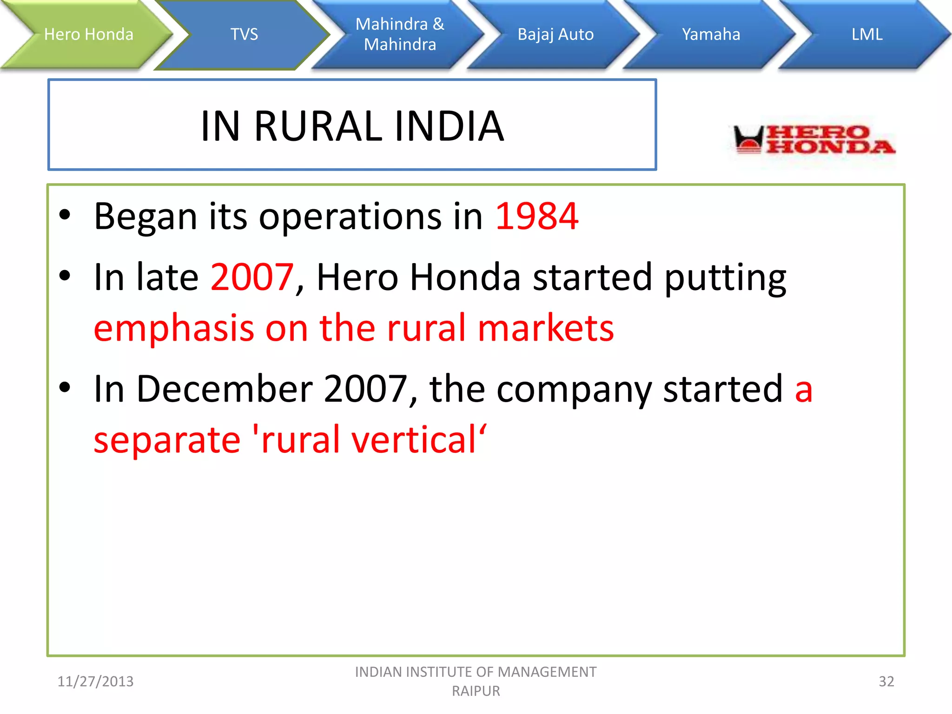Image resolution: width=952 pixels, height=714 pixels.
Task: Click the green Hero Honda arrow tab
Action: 88,34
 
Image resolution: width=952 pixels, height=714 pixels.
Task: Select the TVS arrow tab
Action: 244,34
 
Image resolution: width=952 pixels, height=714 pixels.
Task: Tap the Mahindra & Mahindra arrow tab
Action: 400,34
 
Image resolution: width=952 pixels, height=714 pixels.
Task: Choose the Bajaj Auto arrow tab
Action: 555,34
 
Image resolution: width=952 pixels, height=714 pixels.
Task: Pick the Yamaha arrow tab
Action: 711,34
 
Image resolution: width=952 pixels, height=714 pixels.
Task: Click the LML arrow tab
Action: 866,34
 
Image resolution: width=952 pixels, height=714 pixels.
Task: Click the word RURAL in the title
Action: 318,126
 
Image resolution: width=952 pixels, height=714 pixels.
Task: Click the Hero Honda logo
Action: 813,139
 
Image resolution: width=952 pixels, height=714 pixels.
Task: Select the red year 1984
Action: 537,217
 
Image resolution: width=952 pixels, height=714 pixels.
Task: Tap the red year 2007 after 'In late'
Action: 252,277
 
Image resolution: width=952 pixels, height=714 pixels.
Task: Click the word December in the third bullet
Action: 225,389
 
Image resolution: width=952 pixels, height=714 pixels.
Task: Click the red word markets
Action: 546,328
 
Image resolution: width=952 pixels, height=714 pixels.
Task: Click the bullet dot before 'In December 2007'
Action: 65,387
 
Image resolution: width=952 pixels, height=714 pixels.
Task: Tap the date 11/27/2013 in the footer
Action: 95,681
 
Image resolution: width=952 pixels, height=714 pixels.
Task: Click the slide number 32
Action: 886,681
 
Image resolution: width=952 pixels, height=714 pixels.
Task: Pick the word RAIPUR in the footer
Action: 476,691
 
